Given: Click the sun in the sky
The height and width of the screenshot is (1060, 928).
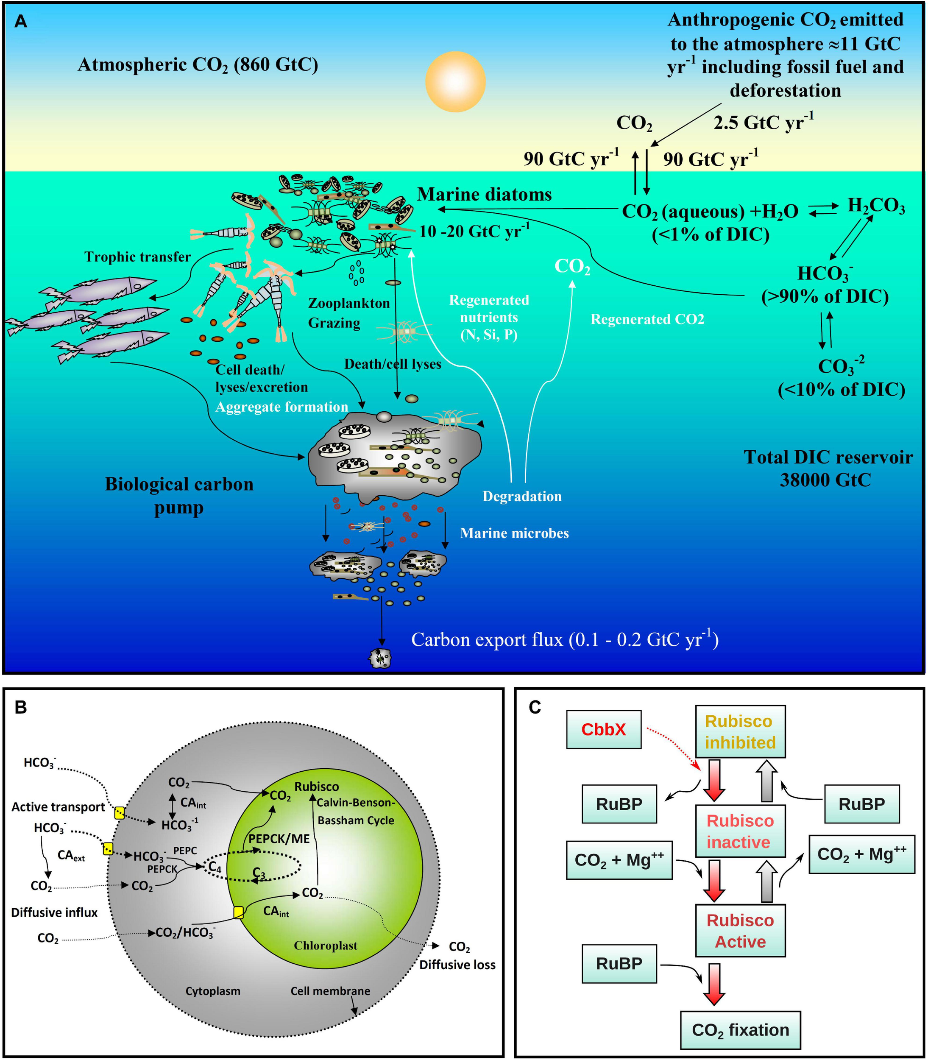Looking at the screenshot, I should click(x=455, y=81).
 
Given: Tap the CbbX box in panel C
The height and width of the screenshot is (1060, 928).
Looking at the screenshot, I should click(x=604, y=729).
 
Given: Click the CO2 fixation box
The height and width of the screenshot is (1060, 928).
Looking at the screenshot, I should click(x=740, y=1030).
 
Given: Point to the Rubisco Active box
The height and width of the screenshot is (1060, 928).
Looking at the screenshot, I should click(x=740, y=931).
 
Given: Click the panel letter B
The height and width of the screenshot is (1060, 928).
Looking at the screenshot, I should click(x=21, y=707).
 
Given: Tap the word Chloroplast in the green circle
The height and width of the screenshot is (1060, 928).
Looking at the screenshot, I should click(x=325, y=946).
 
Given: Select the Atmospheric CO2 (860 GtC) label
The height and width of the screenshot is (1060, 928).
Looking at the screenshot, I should click(x=198, y=65).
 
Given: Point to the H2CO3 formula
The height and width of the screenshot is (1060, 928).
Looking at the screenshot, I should click(x=876, y=206).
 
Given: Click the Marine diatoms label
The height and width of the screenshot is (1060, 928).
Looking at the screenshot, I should click(x=484, y=194).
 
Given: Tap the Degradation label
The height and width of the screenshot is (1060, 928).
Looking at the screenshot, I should click(x=521, y=496).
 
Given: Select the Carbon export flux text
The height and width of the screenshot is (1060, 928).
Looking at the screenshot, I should click(x=564, y=639).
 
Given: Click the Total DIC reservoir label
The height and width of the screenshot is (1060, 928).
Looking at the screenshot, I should click(x=828, y=468).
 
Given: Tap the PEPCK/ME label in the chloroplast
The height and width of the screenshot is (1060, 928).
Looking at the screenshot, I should click(x=279, y=838).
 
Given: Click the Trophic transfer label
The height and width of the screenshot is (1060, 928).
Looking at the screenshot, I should click(x=138, y=257).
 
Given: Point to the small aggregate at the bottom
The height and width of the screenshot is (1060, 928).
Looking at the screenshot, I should click(x=379, y=658).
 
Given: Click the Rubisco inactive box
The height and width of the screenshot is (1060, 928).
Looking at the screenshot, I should click(x=740, y=831).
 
